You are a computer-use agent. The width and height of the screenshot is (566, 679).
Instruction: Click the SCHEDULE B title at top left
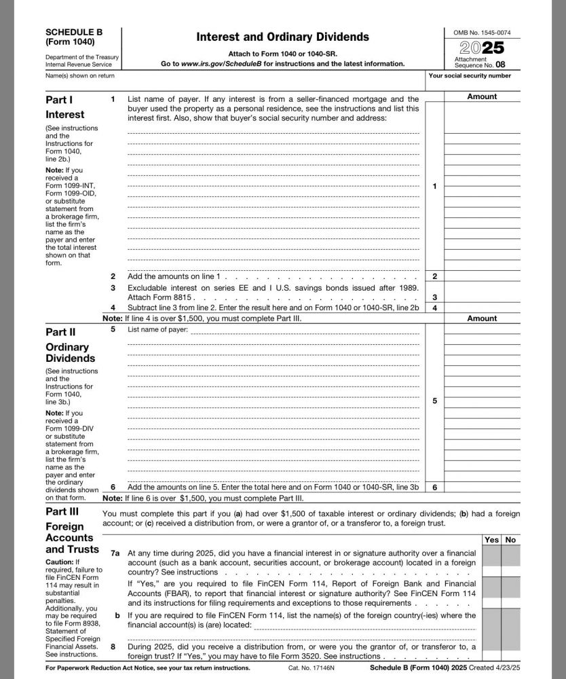[71, 32]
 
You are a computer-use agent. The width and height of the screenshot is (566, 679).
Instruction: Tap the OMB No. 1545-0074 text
[483, 33]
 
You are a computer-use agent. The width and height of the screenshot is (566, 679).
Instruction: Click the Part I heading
[59, 100]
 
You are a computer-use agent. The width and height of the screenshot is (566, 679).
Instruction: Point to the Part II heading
[60, 332]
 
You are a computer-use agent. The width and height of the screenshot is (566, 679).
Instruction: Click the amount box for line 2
[482, 276]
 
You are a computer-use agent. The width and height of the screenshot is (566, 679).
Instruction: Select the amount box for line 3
[482, 297]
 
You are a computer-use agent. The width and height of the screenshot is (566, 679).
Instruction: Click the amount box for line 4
[482, 308]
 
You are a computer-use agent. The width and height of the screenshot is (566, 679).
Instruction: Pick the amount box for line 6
[482, 487]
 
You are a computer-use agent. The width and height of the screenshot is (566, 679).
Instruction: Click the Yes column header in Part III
[491, 540]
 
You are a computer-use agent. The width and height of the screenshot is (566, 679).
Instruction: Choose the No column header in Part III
[511, 540]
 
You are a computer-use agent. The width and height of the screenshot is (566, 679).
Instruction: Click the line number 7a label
[115, 553]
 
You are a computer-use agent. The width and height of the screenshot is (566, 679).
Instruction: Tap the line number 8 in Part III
[113, 646]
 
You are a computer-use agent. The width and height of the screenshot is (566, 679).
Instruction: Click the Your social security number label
[470, 76]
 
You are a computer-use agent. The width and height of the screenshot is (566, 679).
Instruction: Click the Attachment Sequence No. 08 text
[480, 62]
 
